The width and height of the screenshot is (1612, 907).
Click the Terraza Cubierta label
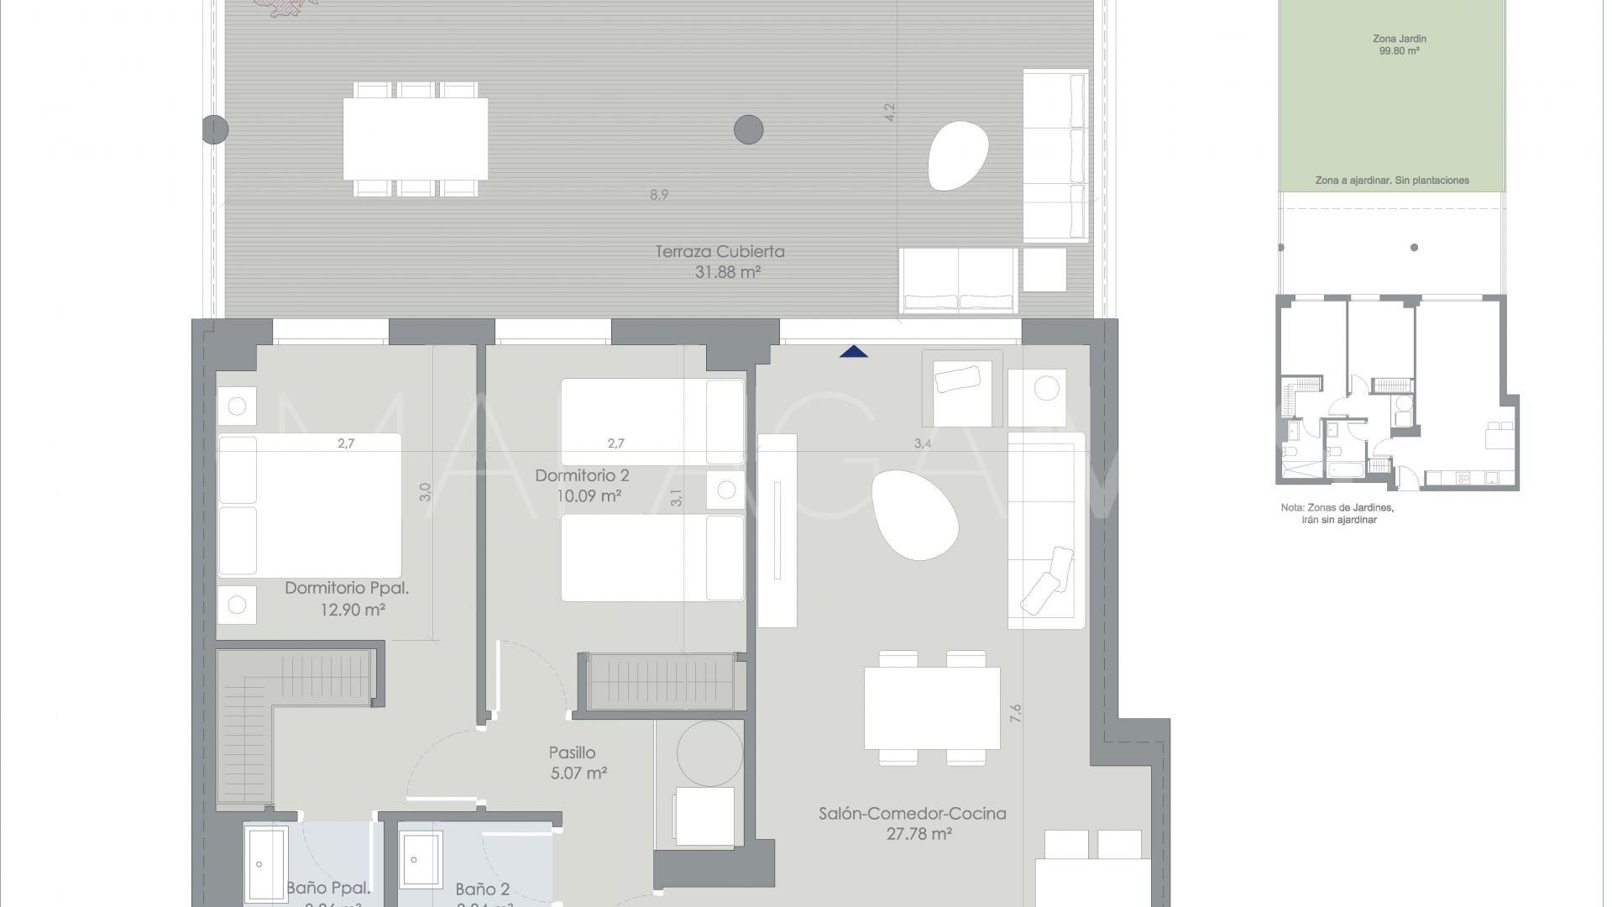coord(720,251)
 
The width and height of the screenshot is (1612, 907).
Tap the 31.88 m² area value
coord(727,272)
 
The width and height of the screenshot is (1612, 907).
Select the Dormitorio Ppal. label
coord(346,588)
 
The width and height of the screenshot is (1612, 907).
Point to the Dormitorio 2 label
coord(582,475)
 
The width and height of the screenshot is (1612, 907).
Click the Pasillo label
coord(572,752)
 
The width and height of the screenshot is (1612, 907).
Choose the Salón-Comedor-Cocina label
coord(912,813)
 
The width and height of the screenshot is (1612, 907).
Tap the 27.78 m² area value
coord(919,834)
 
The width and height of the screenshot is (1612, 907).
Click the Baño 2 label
coord(482,889)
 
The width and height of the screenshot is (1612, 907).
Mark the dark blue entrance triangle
coord(854,351)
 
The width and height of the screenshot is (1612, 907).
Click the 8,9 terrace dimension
coord(659,195)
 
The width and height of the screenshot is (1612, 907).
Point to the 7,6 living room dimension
coord(1016,713)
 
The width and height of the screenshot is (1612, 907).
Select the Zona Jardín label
coord(1399,39)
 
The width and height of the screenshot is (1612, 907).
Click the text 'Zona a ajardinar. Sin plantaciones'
coord(1392,181)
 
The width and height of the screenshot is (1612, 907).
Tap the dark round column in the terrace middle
coord(748,130)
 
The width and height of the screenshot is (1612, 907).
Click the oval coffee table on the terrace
coord(959,155)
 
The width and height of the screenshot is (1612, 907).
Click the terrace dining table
coord(416,139)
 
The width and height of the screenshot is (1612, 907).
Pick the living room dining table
coord(932,707)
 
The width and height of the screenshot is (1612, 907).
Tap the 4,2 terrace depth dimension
coord(890,113)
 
